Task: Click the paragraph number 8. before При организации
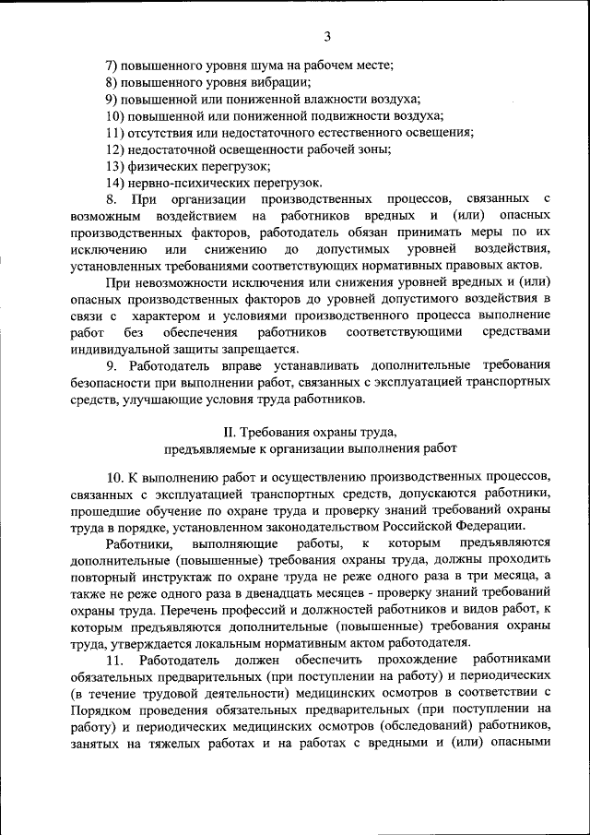click(x=112, y=199)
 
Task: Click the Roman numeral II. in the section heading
click(x=232, y=432)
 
